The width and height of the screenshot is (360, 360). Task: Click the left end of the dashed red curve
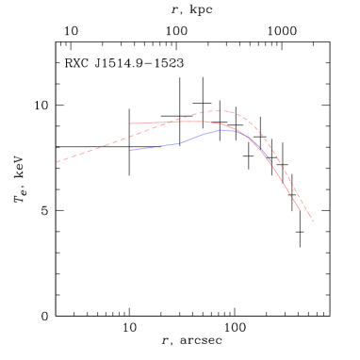(x=57, y=162)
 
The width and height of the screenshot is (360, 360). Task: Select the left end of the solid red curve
(x=130, y=123)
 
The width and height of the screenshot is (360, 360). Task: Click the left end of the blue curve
(x=130, y=150)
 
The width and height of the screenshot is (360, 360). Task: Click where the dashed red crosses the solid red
(x=175, y=122)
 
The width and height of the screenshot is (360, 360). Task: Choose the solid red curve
(x=151, y=123)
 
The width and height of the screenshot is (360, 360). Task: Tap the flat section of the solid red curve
(x=155, y=123)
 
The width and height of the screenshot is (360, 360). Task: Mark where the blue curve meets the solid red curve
(x=247, y=135)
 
